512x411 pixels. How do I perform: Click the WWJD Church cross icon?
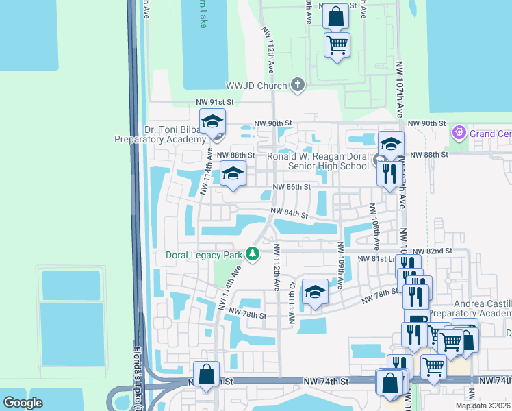click(x=297, y=85)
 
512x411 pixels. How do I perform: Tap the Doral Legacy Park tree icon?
click(x=253, y=256)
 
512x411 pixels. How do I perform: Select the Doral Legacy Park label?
click(x=205, y=256)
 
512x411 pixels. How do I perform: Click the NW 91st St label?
click(x=215, y=102)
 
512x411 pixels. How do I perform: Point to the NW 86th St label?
click(x=292, y=186)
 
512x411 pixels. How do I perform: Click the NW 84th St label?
click(x=290, y=213)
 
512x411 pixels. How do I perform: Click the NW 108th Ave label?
click(x=374, y=226)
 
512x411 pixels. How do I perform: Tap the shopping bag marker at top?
click(x=336, y=16)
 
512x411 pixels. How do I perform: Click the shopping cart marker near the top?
click(x=337, y=45)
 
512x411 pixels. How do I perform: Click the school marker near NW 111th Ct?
click(x=314, y=292)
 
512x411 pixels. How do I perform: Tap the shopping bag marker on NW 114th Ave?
click(x=206, y=375)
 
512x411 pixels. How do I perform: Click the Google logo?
click(x=23, y=403)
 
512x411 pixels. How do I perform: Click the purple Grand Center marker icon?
click(x=458, y=131)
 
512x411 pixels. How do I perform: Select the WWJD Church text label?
click(x=257, y=86)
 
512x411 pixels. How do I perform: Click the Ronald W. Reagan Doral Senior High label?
click(x=309, y=160)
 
